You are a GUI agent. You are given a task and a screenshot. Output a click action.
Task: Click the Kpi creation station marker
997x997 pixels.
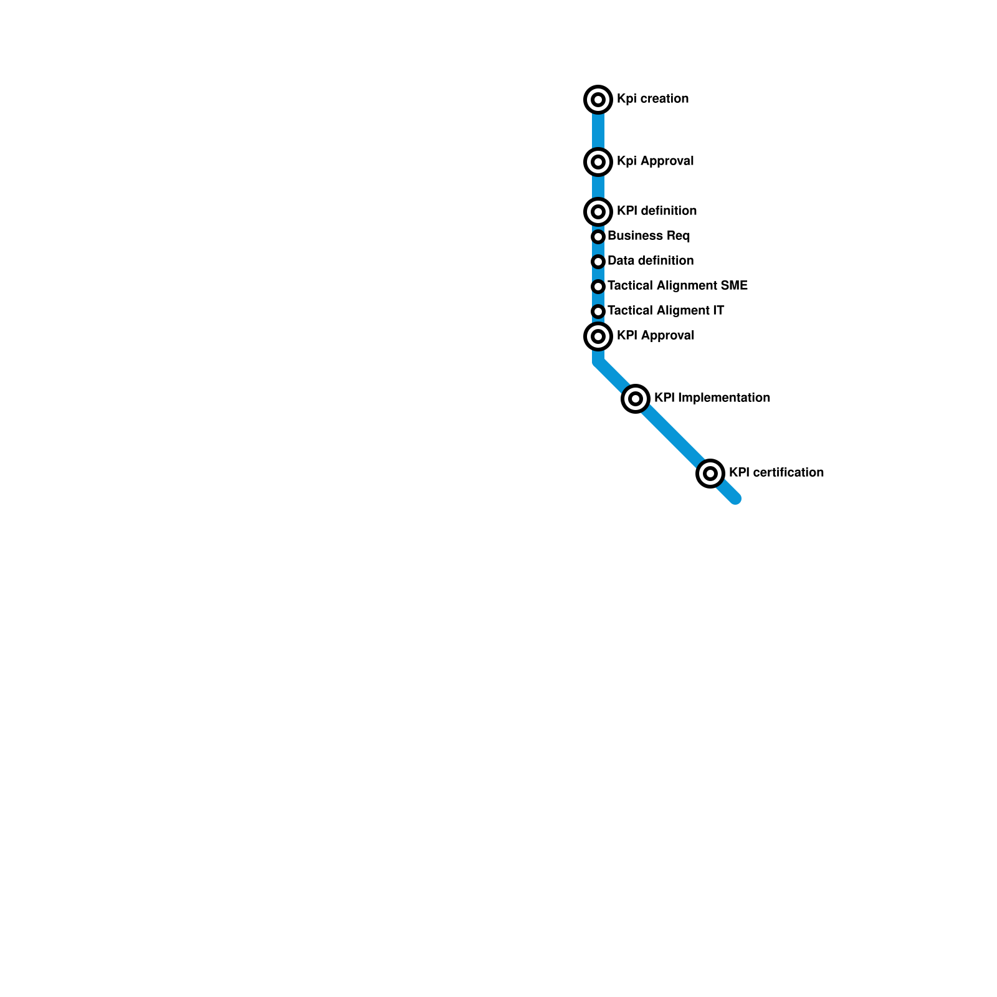pos(598,100)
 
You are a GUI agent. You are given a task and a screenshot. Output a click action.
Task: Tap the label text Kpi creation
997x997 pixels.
pos(652,99)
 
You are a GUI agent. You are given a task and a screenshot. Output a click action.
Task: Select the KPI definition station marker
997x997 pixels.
pos(598,212)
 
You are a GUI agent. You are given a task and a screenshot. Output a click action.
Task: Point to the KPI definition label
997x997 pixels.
pos(657,211)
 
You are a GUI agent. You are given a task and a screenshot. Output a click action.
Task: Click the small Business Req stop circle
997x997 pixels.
pos(598,237)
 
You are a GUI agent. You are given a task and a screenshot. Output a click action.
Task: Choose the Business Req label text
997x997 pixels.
pos(649,236)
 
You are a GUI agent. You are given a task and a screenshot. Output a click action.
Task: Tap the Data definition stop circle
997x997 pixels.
pos(598,262)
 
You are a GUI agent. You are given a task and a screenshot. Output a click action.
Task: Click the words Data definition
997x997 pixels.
pos(651,261)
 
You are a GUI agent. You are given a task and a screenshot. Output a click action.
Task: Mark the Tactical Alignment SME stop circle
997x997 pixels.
pos(598,287)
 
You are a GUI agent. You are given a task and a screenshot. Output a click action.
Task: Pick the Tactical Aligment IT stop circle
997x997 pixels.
pos(598,312)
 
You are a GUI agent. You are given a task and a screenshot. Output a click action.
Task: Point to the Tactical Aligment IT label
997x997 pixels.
pos(665,311)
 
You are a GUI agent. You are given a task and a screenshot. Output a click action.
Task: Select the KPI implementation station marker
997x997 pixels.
pos(636,399)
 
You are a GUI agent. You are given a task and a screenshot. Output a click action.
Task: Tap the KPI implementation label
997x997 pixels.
pos(712,398)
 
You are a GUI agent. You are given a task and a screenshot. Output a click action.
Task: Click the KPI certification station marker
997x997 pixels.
pos(710,474)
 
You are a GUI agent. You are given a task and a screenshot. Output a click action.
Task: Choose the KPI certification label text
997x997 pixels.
pos(776,473)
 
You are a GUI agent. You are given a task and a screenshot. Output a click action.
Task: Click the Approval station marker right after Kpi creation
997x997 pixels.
pos(598,162)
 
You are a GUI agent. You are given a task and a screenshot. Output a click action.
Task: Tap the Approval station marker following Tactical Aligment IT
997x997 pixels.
pos(598,336)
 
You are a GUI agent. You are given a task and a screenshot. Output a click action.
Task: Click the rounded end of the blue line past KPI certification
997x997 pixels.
pos(735,499)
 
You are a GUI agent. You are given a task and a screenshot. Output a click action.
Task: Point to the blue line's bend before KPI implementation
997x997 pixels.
pos(598,361)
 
